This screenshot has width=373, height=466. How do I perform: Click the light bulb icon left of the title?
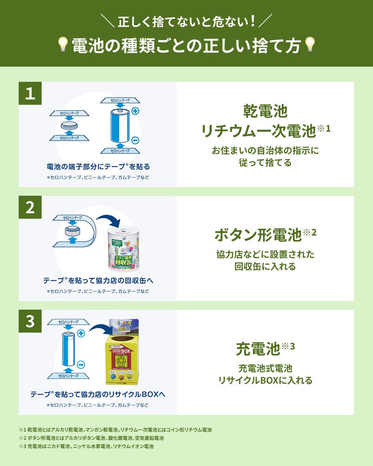63,45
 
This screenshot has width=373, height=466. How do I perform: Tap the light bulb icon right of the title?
310,45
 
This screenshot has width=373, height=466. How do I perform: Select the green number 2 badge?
30,208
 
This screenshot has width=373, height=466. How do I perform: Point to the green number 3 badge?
30,322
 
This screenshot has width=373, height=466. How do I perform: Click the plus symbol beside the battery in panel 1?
135,111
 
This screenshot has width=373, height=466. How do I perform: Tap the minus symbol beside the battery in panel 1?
135,140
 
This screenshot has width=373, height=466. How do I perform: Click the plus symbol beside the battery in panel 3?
81,333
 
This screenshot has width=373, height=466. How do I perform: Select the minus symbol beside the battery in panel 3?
81,364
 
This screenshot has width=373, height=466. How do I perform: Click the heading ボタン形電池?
258,235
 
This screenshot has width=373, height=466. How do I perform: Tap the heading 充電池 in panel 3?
258,349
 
